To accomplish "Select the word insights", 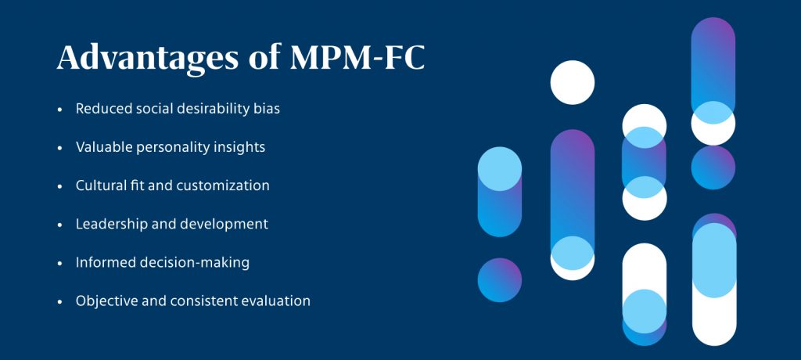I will [x=236, y=147].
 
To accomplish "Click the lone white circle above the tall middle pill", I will [x=573, y=82].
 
